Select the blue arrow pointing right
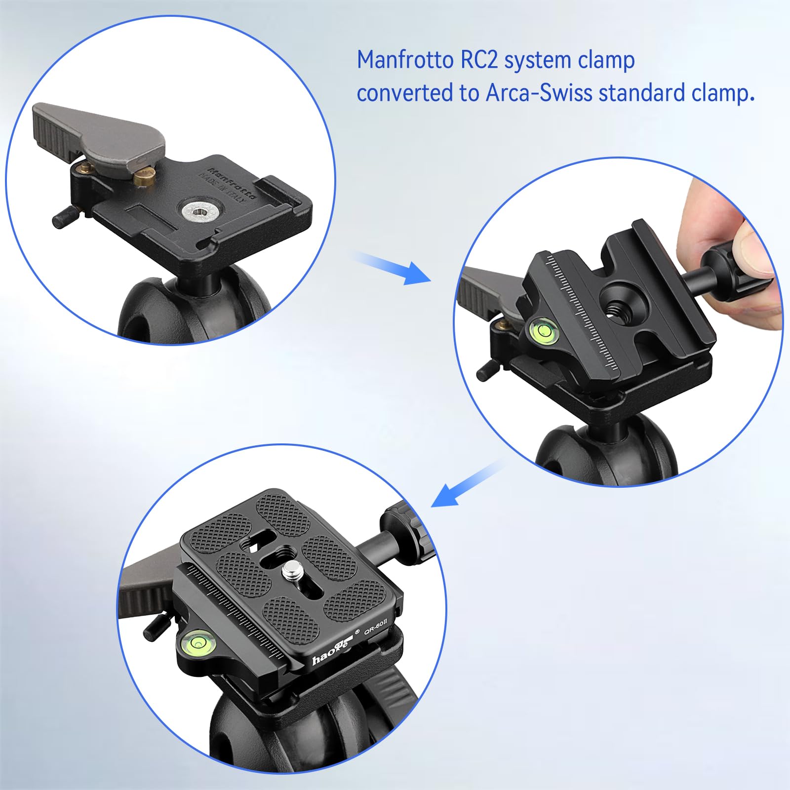(x=393, y=267)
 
